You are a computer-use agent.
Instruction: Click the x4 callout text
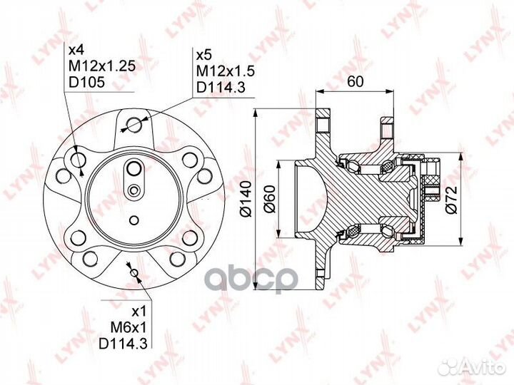pyautogui.click(x=76, y=50)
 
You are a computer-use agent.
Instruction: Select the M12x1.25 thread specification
pyautogui.click(x=102, y=66)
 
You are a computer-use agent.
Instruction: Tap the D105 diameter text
pyautogui.click(x=86, y=82)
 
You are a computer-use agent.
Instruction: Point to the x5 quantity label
pyautogui.click(x=204, y=56)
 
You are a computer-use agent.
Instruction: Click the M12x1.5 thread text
pyautogui.click(x=226, y=71)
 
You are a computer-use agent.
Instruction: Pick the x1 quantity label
pyautogui.click(x=139, y=312)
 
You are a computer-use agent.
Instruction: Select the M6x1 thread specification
pyautogui.click(x=130, y=327)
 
